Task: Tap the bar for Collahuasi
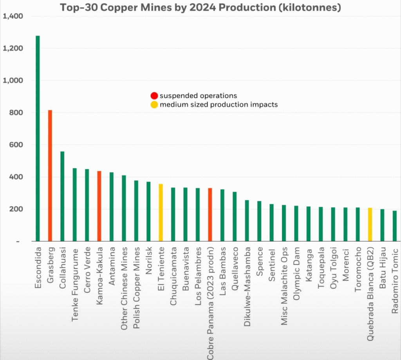[62, 196]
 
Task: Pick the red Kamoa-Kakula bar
[99, 206]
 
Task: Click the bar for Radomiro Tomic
[394, 226]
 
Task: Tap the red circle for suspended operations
[154, 96]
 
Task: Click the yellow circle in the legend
[154, 105]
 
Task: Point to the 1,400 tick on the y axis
[13, 16]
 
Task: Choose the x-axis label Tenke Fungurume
[75, 279]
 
